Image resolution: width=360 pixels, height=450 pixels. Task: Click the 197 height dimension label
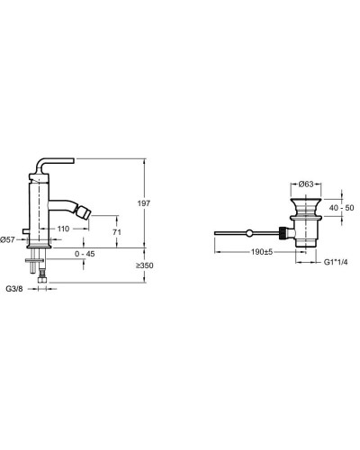[144, 203]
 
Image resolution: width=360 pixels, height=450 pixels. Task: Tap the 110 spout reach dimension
[63, 229]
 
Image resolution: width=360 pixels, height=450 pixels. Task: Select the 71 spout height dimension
[117, 232]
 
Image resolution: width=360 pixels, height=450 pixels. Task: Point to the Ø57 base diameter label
[7, 239]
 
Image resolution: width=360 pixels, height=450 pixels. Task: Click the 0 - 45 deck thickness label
[85, 254]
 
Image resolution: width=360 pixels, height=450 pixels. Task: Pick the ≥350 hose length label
[144, 265]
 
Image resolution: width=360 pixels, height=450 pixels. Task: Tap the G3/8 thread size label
[14, 289]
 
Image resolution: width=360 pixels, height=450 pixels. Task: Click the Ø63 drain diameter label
[306, 184]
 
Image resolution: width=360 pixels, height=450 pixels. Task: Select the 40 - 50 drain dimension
[341, 208]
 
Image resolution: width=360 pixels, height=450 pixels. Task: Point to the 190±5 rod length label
[262, 252]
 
